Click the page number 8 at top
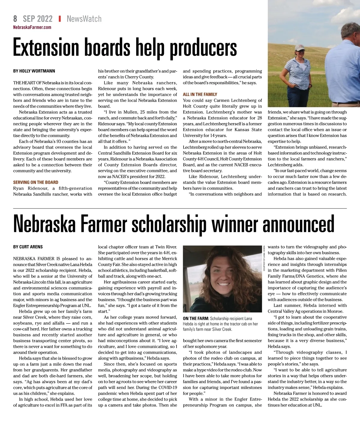(15, 19)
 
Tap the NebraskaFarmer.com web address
(32, 27)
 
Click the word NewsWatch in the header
(84, 19)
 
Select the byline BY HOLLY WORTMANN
(34, 71)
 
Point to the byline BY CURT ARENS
(28, 247)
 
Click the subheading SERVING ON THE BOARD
(36, 182)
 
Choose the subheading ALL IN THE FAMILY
(200, 94)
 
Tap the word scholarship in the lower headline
(168, 224)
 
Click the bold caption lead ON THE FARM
(196, 318)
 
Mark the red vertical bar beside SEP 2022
(60, 19)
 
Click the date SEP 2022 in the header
(37, 19)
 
